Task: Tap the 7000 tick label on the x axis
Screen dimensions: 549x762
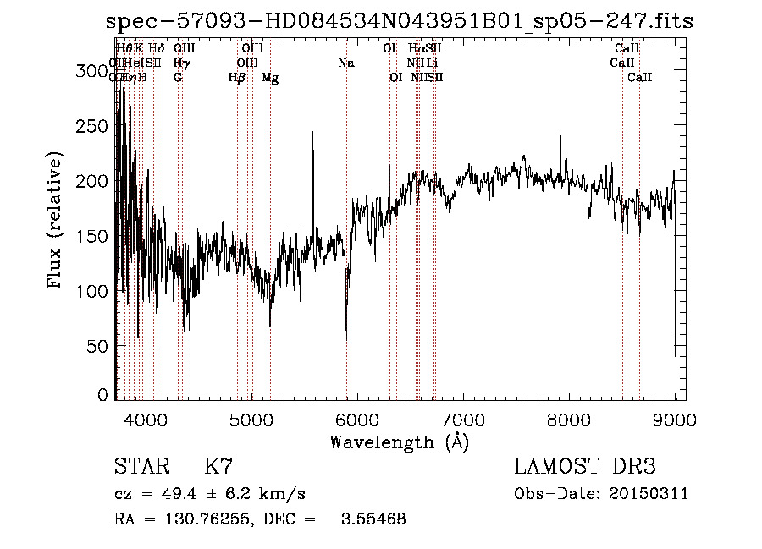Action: point(463,420)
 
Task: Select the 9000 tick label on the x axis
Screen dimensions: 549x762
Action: point(675,420)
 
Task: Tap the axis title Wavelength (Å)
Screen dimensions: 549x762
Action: point(399,442)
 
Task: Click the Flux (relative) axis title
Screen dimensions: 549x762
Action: point(57,222)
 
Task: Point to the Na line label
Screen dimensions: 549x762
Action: point(345,63)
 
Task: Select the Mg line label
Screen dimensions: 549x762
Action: point(270,78)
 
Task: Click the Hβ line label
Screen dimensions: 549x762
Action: point(237,78)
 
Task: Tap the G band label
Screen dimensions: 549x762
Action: point(178,78)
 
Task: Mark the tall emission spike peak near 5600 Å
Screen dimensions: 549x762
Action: point(313,133)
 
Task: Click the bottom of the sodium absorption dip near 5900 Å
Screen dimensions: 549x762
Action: point(346,339)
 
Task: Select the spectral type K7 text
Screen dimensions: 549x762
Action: point(218,467)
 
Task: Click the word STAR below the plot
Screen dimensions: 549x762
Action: point(140,467)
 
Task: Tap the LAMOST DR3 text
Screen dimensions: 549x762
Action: point(585,467)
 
